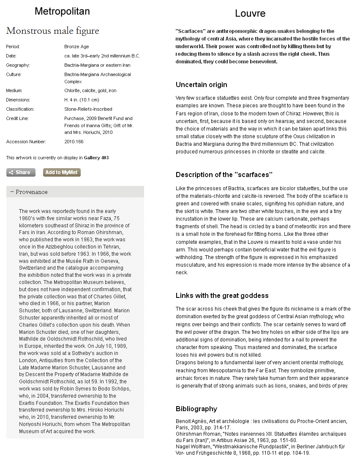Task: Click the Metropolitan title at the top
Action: (62, 11)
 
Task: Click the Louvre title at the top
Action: (250, 14)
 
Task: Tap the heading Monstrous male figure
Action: (53, 31)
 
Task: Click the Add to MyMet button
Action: (62, 172)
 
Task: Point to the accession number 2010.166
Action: (74, 142)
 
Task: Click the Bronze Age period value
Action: (76, 46)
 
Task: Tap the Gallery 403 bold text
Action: (96, 158)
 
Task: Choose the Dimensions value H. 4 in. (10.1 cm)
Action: (82, 100)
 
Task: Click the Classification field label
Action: (20, 109)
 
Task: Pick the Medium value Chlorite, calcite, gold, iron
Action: (90, 90)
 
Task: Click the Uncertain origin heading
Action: (201, 85)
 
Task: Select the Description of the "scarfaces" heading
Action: (224, 175)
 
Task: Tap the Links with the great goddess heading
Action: (222, 295)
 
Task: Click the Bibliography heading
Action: (196, 409)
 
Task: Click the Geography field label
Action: (18, 65)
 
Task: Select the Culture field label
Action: (14, 74)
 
